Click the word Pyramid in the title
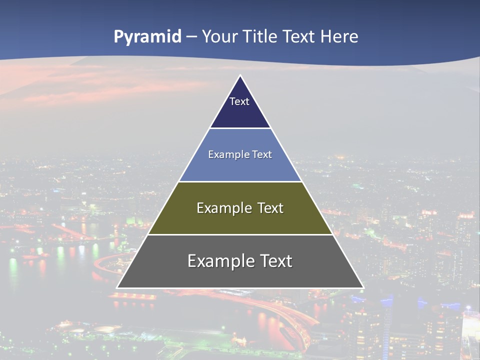147,37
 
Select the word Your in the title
219,37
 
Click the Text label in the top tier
239,101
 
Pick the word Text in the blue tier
262,154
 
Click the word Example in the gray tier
220,261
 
